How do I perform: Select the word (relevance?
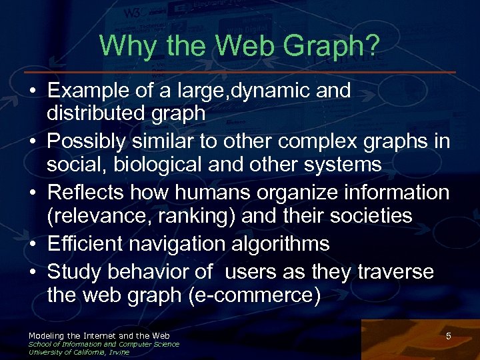coord(95,215)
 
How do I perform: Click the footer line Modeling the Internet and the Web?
coord(99,335)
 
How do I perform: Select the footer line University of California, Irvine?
coord(79,352)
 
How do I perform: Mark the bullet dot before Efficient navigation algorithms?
coord(33,245)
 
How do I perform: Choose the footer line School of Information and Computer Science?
coord(103,344)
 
